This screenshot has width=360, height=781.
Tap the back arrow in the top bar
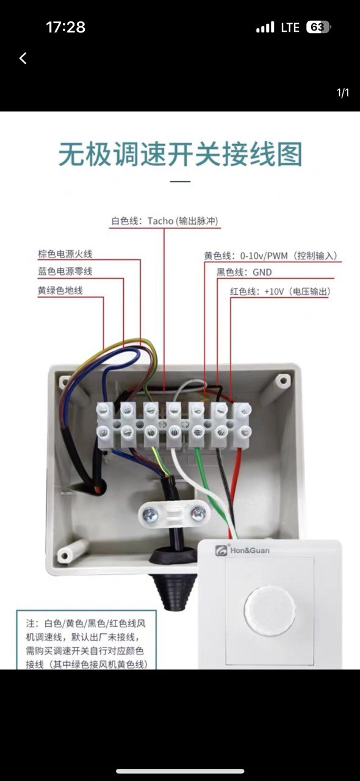(23, 58)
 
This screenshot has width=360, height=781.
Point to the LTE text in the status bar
(290, 27)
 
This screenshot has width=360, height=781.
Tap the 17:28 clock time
(65, 27)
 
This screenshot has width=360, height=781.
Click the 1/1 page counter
(342, 93)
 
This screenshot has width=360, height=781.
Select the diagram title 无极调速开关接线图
(181, 154)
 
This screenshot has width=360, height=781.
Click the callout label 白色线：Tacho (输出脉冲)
(165, 221)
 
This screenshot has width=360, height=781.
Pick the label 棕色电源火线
(65, 254)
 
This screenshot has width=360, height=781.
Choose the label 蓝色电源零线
(65, 272)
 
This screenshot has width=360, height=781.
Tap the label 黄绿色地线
(60, 290)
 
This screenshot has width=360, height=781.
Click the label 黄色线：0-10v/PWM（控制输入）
(271, 256)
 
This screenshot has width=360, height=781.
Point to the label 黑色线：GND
(244, 272)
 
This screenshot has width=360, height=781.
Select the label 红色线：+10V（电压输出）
(280, 292)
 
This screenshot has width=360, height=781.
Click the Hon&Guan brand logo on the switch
(242, 550)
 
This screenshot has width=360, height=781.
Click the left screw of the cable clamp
(150, 514)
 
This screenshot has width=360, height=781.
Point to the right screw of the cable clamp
(198, 513)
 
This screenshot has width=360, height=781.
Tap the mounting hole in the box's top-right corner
(283, 380)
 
